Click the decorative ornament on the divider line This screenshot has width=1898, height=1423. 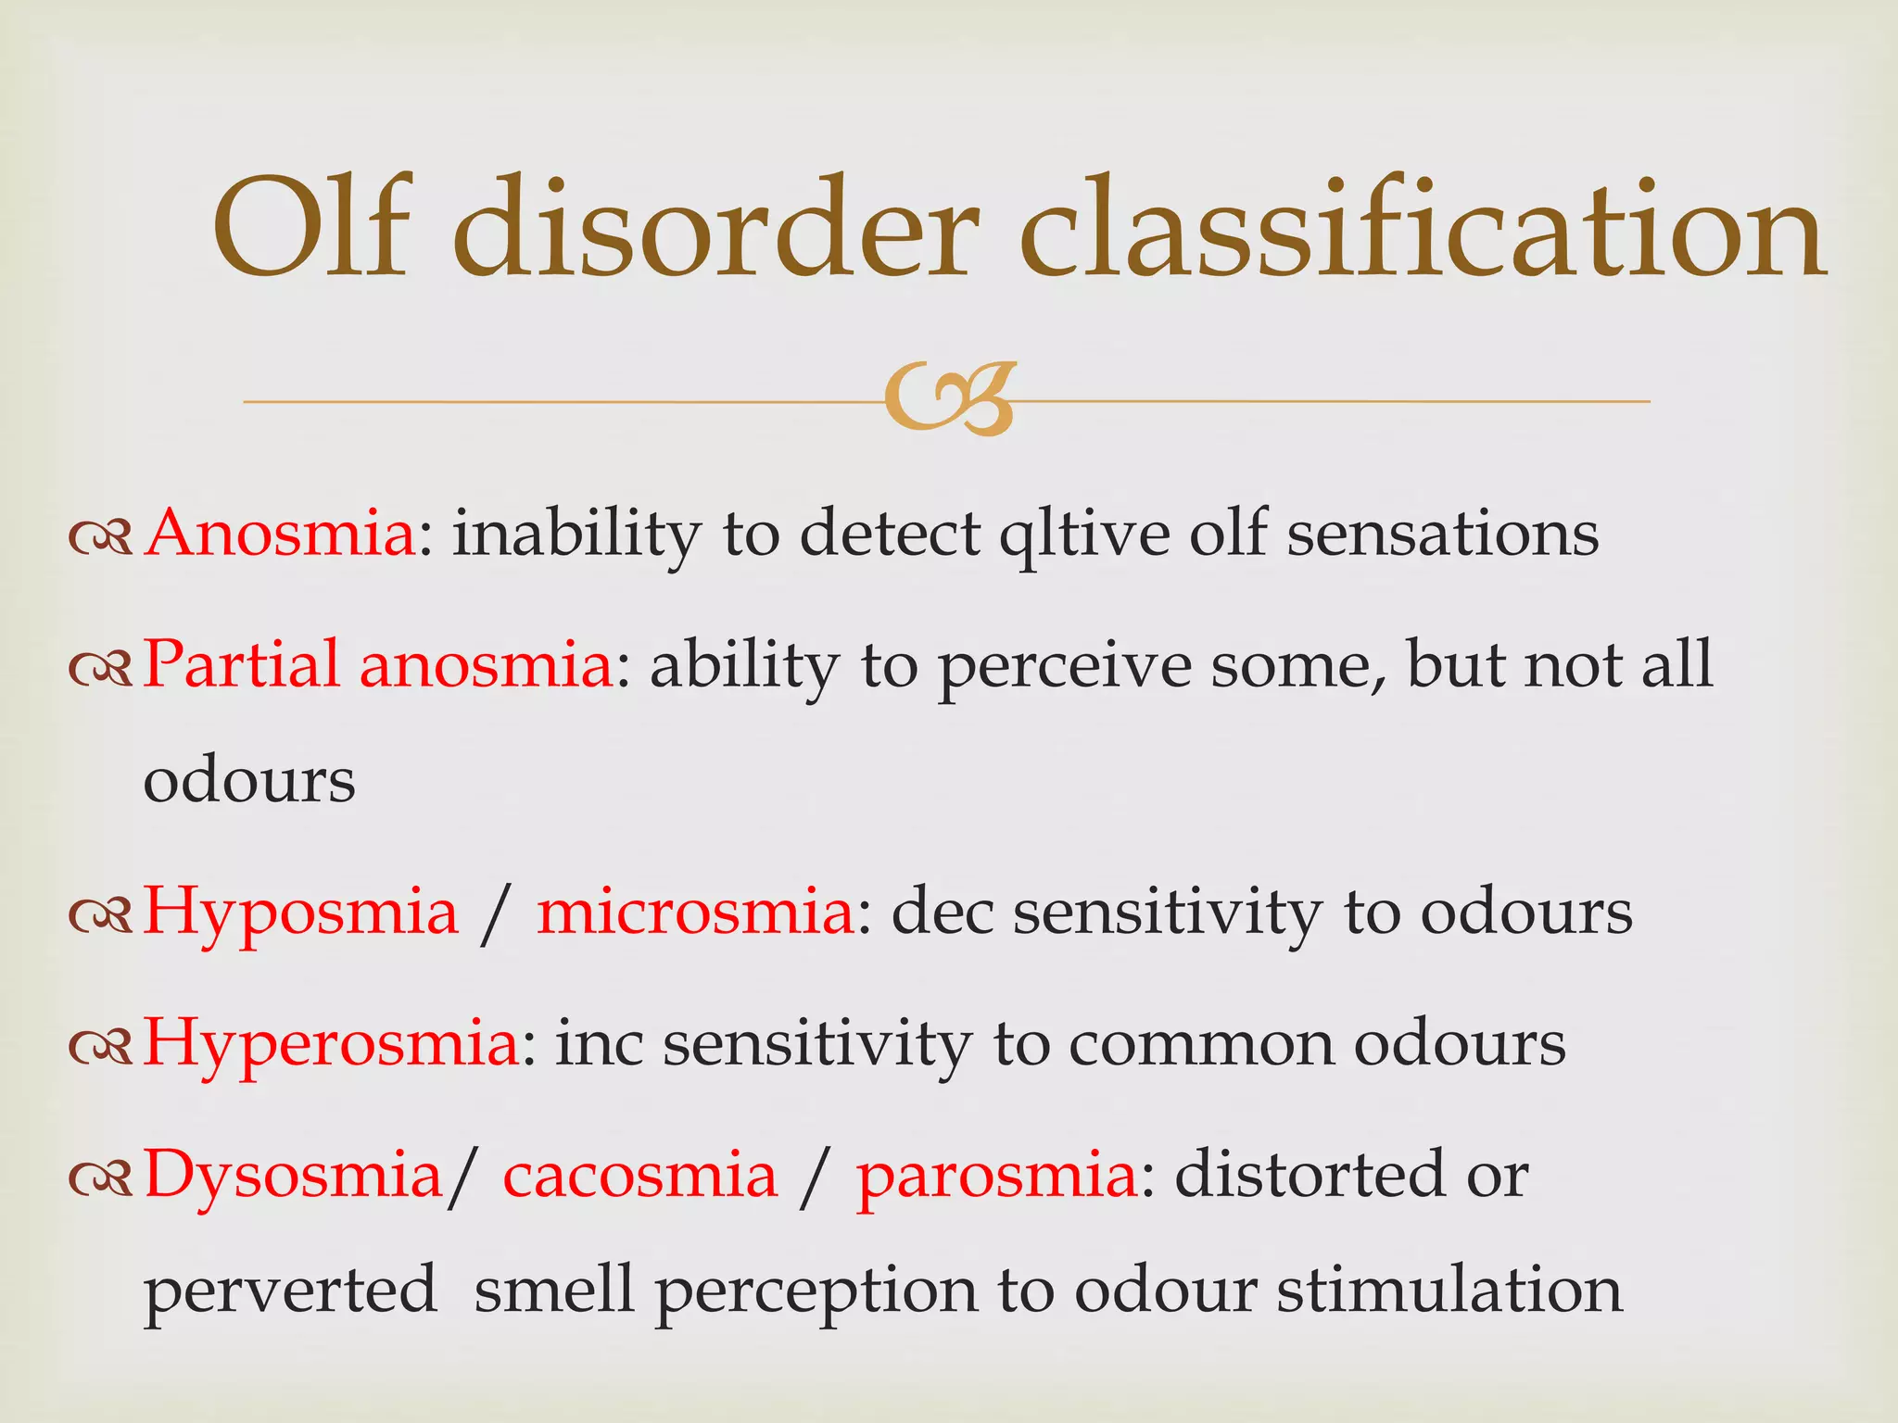point(949,399)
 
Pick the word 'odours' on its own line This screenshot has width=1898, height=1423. point(249,780)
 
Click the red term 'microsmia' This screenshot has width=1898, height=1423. point(696,912)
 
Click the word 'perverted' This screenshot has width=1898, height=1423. point(290,1291)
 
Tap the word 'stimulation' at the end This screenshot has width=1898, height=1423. point(1449,1290)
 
